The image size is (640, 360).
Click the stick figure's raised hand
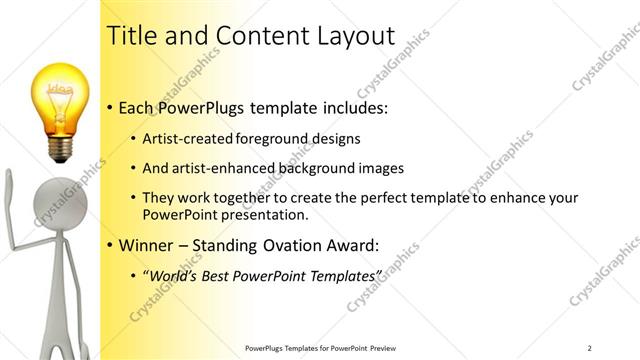(9, 186)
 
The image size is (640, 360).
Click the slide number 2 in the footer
(590, 347)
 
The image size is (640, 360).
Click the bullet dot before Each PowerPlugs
(108, 107)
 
